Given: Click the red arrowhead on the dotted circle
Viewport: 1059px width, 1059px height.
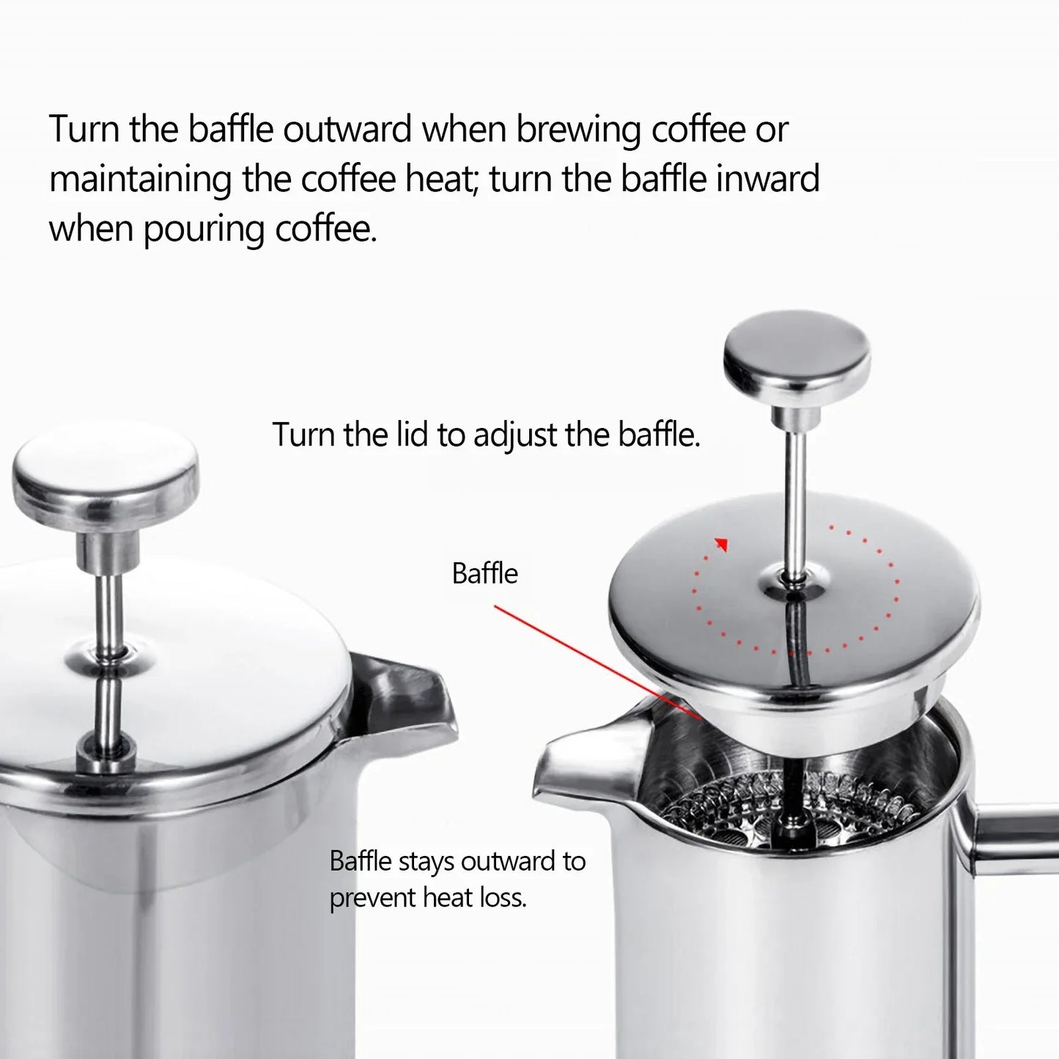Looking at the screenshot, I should pos(723,544).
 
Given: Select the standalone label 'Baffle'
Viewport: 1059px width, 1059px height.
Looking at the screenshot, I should pos(484,573).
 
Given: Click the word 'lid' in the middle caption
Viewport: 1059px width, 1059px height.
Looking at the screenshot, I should pos(413,435).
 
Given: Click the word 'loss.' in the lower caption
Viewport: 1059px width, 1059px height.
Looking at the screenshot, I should pos(501,897).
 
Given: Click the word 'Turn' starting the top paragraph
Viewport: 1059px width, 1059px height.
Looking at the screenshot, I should pos(84,130).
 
